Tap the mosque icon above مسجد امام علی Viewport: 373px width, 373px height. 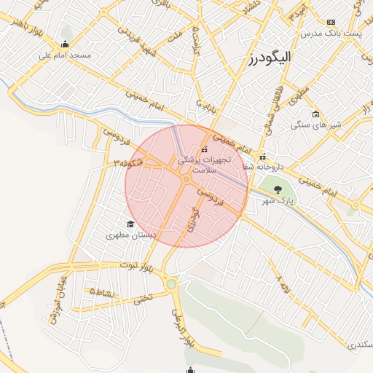[66, 44]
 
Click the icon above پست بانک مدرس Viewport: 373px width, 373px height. [331, 23]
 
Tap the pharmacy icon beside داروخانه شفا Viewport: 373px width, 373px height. [263, 157]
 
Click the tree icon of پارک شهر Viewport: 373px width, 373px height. [277, 189]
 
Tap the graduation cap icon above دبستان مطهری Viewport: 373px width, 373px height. [130, 224]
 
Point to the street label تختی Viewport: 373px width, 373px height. [144, 297]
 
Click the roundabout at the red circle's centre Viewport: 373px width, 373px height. [186, 179]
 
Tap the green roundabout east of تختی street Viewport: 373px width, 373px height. [171, 284]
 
